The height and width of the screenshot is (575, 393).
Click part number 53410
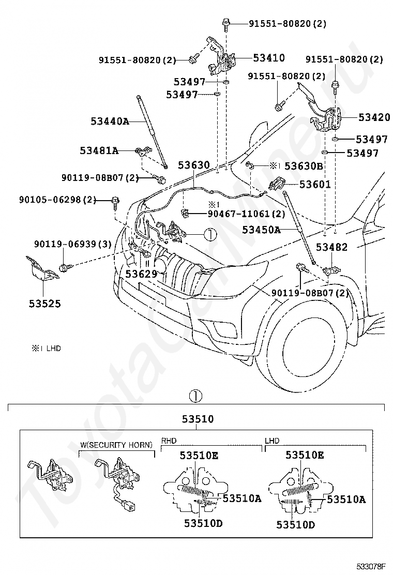269,57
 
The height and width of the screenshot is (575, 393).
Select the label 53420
374,117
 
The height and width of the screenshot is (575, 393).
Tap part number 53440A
110,121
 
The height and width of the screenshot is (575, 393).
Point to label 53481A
99,150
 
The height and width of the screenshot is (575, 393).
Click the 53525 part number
44,304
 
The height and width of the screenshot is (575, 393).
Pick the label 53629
141,274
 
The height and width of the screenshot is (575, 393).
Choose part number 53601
315,184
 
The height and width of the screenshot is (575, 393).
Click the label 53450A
261,230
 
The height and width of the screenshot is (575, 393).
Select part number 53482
331,247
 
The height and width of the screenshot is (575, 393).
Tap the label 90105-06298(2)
57,200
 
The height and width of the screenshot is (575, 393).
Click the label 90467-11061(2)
246,214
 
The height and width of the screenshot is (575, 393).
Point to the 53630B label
304,166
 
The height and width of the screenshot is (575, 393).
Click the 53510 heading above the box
198,419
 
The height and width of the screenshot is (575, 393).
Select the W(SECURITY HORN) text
116,445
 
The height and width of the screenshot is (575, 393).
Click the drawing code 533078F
372,566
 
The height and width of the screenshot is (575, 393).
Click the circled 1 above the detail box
195,396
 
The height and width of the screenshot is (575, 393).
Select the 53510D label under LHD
295,525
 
